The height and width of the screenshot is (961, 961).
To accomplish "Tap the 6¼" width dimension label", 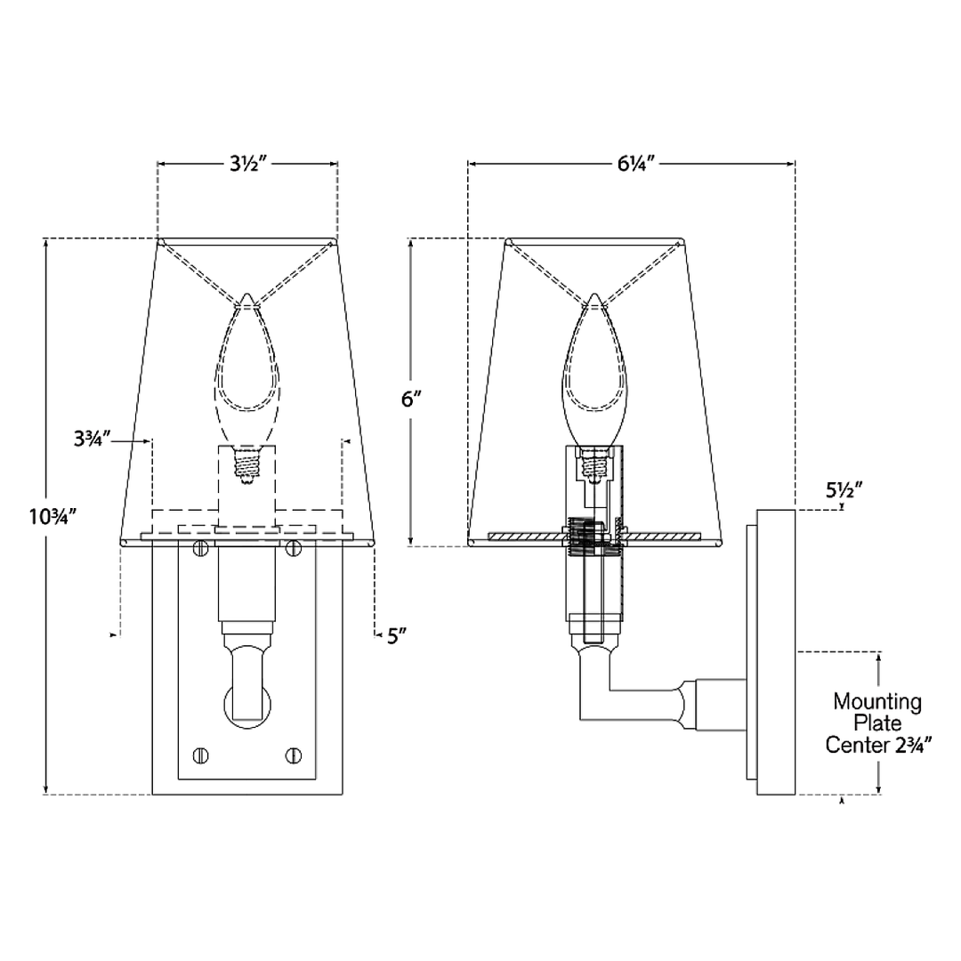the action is [x=636, y=164].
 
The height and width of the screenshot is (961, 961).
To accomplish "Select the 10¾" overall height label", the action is [x=52, y=517].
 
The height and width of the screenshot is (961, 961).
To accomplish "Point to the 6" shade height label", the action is [x=412, y=399].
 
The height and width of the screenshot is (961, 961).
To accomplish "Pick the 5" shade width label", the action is [x=397, y=636].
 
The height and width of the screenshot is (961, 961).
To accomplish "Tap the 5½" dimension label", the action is [x=844, y=490].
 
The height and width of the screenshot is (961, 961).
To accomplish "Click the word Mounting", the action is [x=877, y=701].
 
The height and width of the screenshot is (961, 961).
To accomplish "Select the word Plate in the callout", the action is [x=877, y=723].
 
